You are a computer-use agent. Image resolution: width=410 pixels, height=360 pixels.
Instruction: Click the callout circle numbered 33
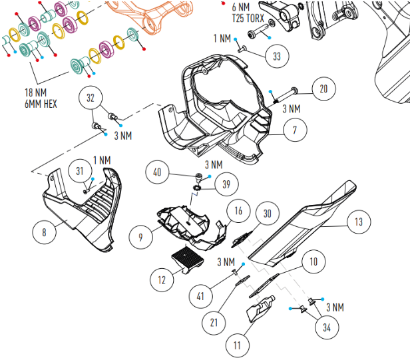pyautogui.click(x=276, y=57)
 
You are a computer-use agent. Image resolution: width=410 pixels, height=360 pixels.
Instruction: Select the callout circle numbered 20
pyautogui.click(x=323, y=89)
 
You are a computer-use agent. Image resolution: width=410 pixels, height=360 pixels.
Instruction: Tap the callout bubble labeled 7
pyautogui.click(x=294, y=131)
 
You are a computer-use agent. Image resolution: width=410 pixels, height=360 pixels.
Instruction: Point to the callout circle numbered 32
pyautogui.click(x=91, y=98)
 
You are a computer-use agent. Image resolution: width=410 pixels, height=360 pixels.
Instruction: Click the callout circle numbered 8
pyautogui.click(x=44, y=233)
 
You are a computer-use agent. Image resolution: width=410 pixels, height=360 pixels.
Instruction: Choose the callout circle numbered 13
pyautogui.click(x=359, y=222)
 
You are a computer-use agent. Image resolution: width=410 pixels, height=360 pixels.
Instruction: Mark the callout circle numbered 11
pyautogui.click(x=236, y=347)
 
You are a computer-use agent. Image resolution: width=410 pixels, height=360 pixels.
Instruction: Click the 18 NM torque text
pyautogui.click(x=35, y=92)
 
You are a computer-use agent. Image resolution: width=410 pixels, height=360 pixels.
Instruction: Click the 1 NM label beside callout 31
pyautogui.click(x=102, y=160)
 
